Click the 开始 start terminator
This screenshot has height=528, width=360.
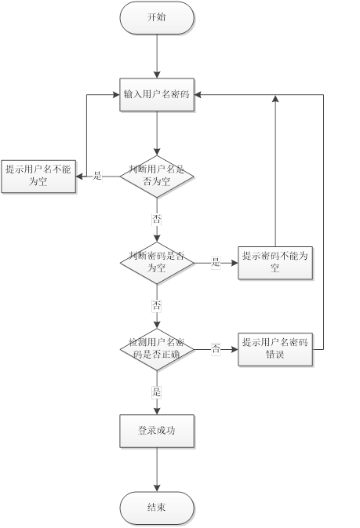click(157, 17)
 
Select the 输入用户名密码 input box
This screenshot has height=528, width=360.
click(157, 94)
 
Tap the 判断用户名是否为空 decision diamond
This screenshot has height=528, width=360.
click(157, 176)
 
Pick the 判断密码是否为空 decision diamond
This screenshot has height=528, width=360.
click(157, 262)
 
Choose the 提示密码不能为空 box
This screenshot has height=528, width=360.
click(275, 262)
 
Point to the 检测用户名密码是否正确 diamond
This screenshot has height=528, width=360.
click(157, 348)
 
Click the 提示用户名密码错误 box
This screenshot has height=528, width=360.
click(275, 348)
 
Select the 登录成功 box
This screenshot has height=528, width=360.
click(157, 431)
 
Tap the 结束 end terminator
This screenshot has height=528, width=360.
click(157, 508)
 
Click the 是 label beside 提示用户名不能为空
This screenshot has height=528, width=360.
click(97, 177)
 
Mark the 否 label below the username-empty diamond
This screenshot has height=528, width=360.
click(157, 218)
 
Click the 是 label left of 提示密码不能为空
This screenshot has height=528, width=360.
click(216, 263)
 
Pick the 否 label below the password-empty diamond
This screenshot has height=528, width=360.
click(157, 304)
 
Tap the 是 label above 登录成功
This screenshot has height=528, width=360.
click(157, 391)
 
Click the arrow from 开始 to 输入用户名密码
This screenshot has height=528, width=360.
click(157, 55)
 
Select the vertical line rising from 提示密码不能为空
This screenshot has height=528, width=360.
click(275, 173)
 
